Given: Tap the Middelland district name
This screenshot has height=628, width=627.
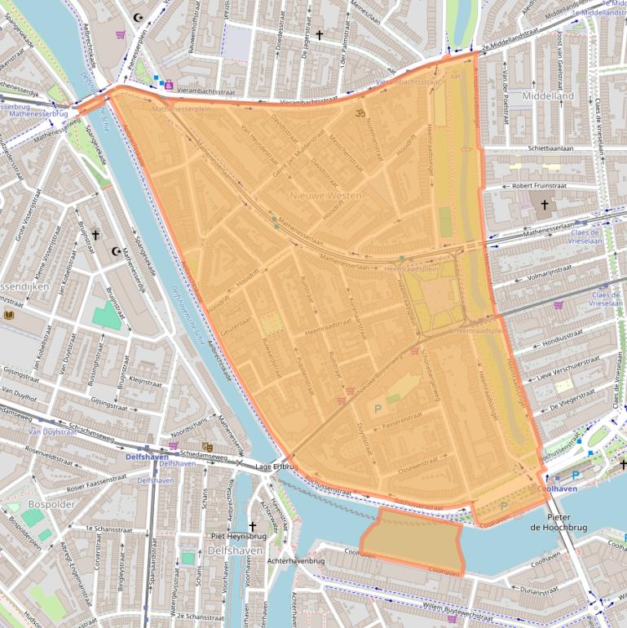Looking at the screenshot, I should click(x=548, y=96).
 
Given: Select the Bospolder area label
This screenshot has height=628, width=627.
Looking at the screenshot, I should click(x=46, y=504).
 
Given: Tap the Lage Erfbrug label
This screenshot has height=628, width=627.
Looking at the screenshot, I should click(x=274, y=467).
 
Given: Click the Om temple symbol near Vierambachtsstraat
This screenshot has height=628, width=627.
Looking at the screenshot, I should click(x=358, y=113).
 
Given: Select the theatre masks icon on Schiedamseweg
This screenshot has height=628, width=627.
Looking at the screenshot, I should click(x=207, y=446).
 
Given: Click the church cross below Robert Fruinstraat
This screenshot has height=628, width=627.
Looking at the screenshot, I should click(x=544, y=206).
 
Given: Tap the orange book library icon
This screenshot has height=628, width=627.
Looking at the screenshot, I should click(x=10, y=315).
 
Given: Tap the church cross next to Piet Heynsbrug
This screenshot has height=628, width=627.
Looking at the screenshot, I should click(x=252, y=526).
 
